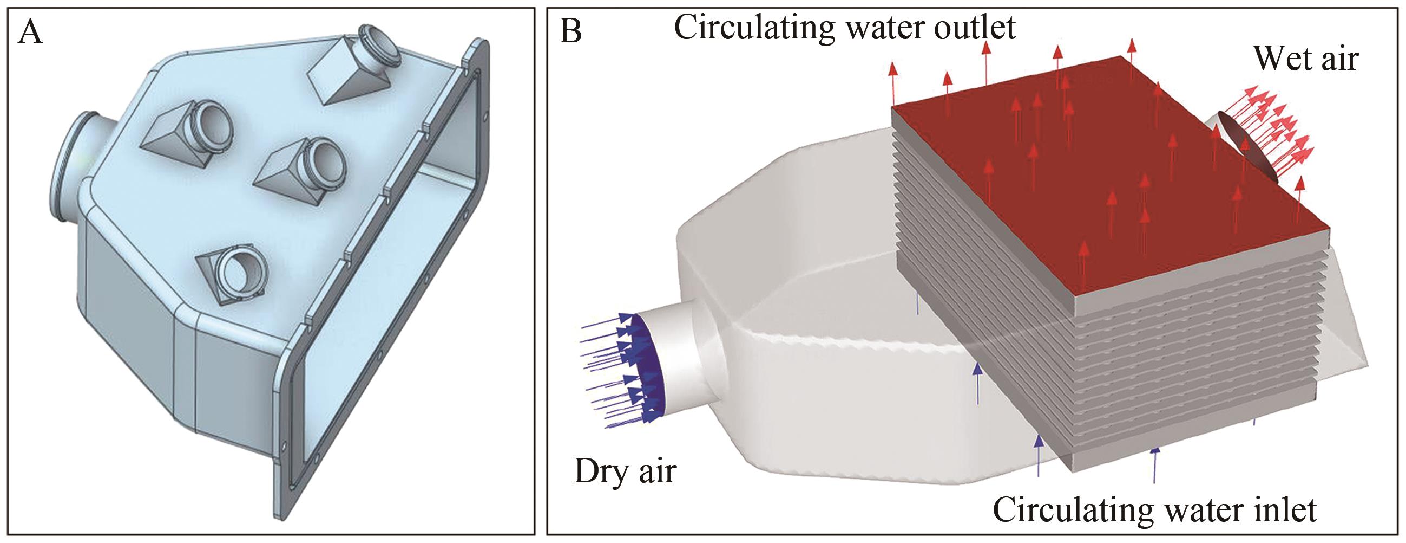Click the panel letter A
(30, 33)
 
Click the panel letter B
(571, 32)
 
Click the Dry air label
(625, 470)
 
